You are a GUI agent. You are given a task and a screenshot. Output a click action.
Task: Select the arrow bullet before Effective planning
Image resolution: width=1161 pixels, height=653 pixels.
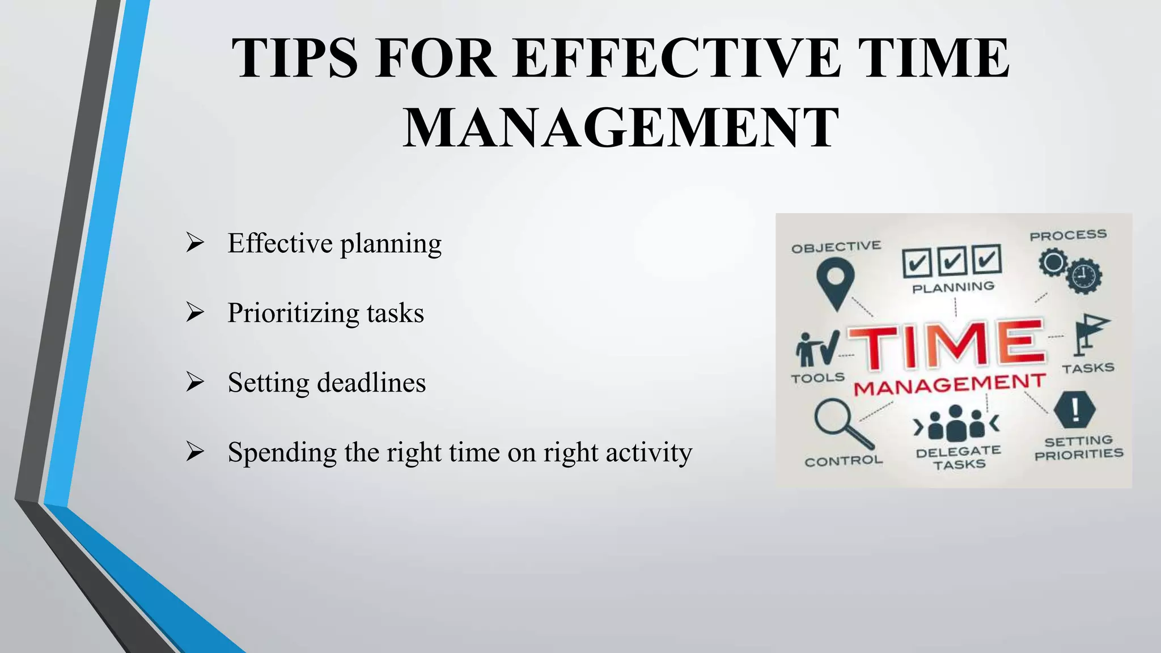pos(195,243)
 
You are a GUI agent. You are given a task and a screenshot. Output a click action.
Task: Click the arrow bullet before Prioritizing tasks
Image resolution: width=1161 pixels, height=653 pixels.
pos(195,312)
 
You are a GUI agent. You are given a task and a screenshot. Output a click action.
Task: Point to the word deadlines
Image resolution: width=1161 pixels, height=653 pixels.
pos(371,382)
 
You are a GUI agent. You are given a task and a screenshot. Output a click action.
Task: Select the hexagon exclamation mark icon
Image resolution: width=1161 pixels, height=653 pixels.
pos(1075,409)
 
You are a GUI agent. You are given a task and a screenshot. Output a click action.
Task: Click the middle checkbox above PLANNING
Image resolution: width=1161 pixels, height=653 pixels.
pos(952,261)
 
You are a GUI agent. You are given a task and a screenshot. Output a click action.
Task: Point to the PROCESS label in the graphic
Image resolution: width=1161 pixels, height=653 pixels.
pos(1068,235)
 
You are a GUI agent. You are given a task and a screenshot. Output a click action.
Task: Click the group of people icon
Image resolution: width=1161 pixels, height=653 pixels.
pos(956,423)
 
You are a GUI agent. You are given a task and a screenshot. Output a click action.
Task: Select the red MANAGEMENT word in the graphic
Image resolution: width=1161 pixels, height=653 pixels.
pos(950,385)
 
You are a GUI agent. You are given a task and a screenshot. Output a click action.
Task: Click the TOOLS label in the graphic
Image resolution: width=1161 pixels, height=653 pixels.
pos(817,378)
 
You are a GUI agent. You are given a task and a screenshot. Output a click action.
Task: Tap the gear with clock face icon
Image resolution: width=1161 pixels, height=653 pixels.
pos(1084,276)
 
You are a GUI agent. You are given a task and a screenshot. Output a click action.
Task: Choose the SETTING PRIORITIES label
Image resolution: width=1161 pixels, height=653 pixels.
pos(1079,447)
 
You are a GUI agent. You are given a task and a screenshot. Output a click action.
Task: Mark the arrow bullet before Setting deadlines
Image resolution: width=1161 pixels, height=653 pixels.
pos(195,382)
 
